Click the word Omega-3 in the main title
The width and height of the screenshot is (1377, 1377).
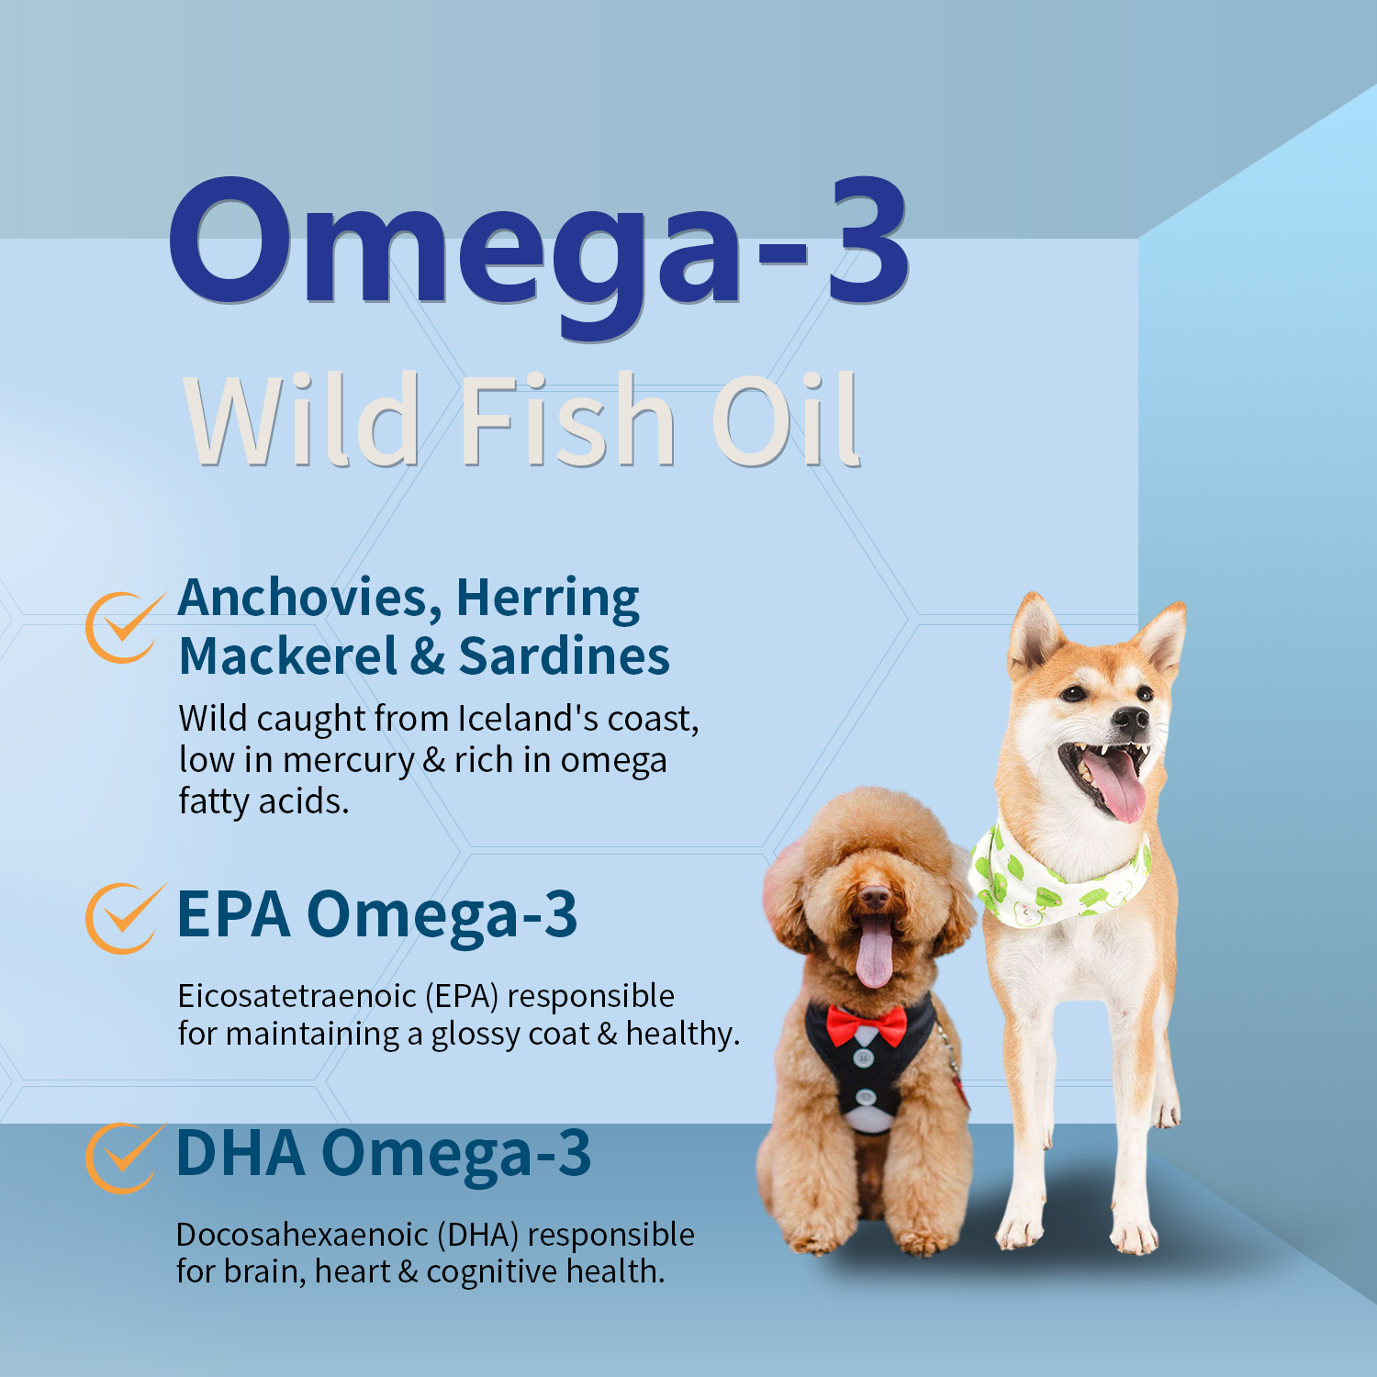coord(537,243)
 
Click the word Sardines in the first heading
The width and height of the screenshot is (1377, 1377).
coord(564,656)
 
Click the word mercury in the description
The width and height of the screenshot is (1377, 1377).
coord(348,761)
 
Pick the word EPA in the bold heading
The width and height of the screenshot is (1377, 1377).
coord(233,915)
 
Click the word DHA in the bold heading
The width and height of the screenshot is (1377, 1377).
coord(240,1154)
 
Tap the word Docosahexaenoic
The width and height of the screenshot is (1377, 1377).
coord(302,1235)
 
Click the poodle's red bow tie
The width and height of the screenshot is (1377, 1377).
coord(867,1024)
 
